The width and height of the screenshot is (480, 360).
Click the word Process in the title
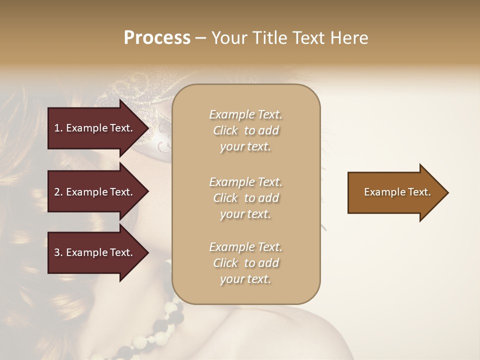(x=157, y=37)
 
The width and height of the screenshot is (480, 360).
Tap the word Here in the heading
(x=349, y=37)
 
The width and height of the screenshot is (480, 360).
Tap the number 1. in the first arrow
(x=58, y=128)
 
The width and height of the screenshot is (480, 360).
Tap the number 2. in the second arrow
(x=58, y=192)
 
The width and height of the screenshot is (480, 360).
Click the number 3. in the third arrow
(x=58, y=252)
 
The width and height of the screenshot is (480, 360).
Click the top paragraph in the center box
(x=246, y=130)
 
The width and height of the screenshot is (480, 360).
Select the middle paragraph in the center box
(x=246, y=198)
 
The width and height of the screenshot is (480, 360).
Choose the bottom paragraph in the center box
(x=246, y=263)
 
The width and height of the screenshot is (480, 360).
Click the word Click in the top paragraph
(x=225, y=130)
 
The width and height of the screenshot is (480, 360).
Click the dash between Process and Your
(x=201, y=38)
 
